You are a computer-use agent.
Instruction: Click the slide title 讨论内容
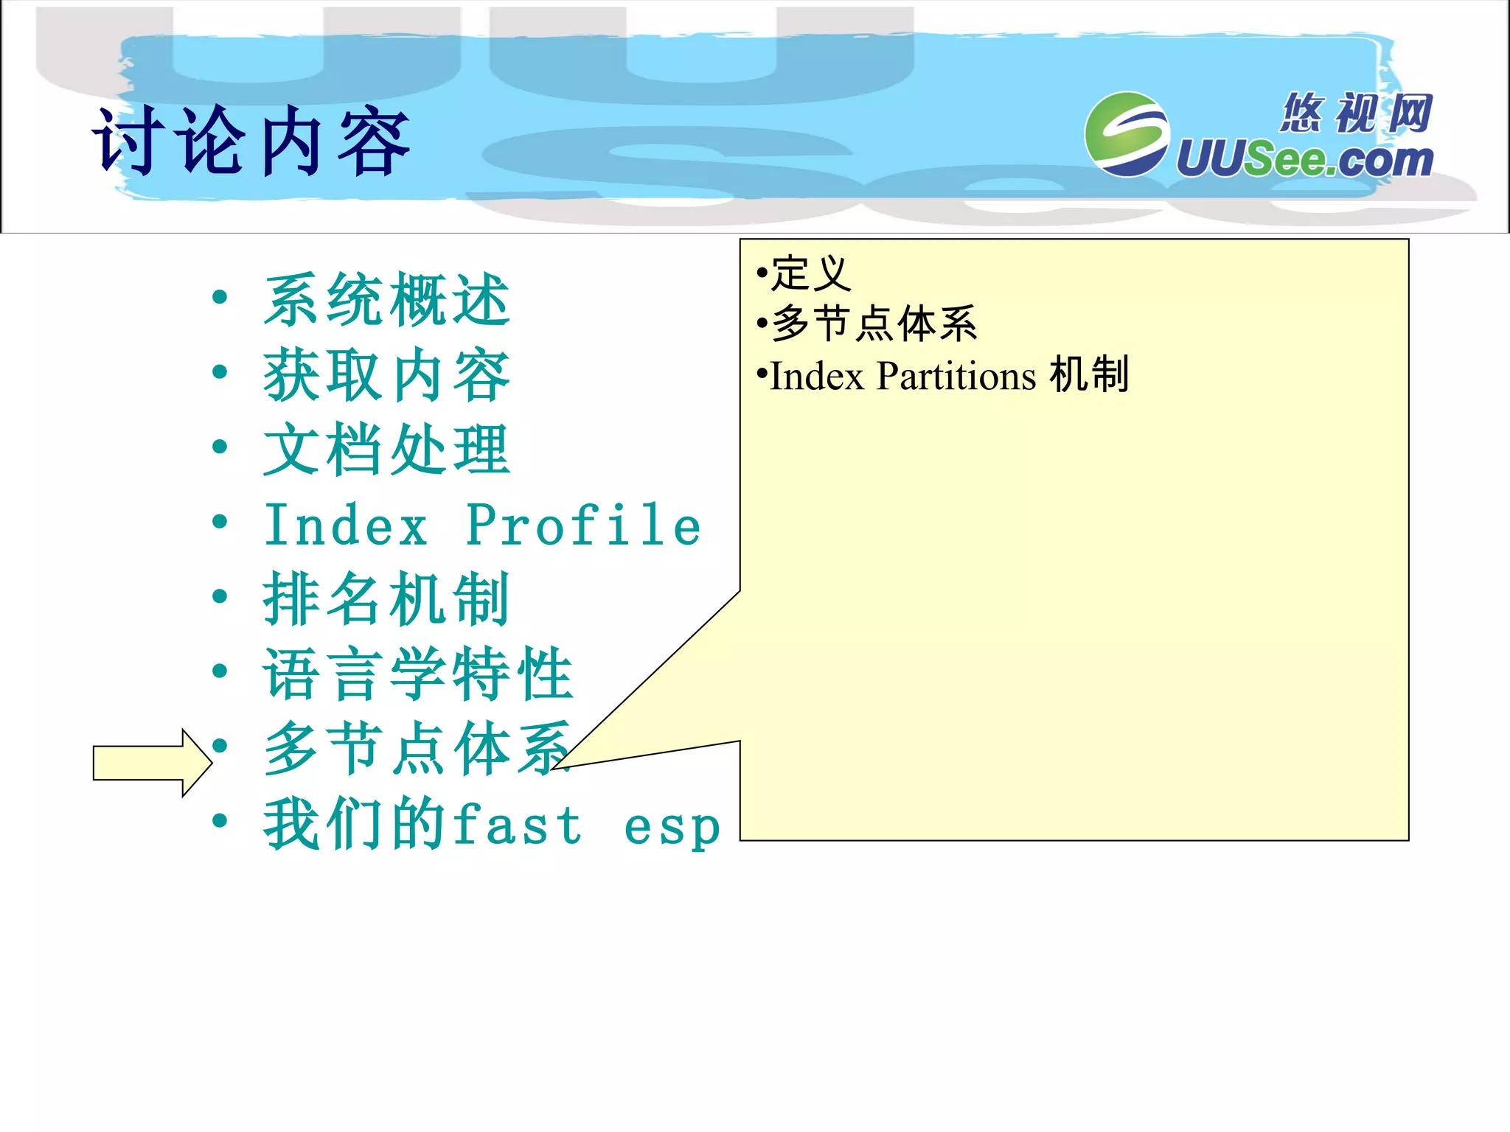tap(251, 141)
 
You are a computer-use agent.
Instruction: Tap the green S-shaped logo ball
tap(1126, 134)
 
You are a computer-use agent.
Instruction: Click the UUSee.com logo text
tap(1304, 160)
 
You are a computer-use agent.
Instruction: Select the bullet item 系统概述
tap(386, 299)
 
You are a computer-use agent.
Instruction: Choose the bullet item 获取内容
tap(386, 374)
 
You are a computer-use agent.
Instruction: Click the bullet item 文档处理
tap(386, 450)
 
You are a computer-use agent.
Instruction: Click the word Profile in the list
tap(582, 525)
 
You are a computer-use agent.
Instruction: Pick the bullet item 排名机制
tap(386, 599)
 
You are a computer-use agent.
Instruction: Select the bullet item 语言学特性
tap(418, 674)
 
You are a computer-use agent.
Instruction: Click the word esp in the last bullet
tap(672, 828)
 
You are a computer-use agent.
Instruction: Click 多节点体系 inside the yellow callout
tap(874, 324)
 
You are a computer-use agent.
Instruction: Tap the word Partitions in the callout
tap(956, 376)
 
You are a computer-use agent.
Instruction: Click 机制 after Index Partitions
tap(1089, 374)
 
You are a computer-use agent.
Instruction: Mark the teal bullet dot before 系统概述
tap(219, 298)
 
